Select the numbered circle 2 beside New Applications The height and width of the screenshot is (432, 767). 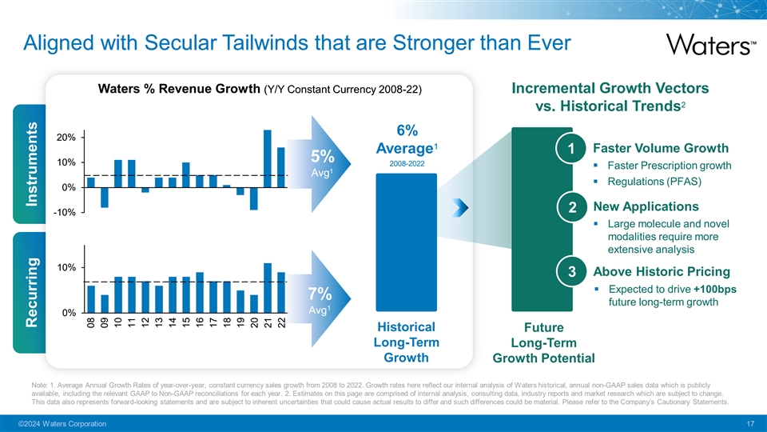(x=572, y=208)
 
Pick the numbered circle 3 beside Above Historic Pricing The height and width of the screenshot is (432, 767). (x=572, y=271)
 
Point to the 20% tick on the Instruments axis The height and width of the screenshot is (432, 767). (x=66, y=138)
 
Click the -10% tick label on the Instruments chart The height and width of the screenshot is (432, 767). (x=64, y=212)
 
